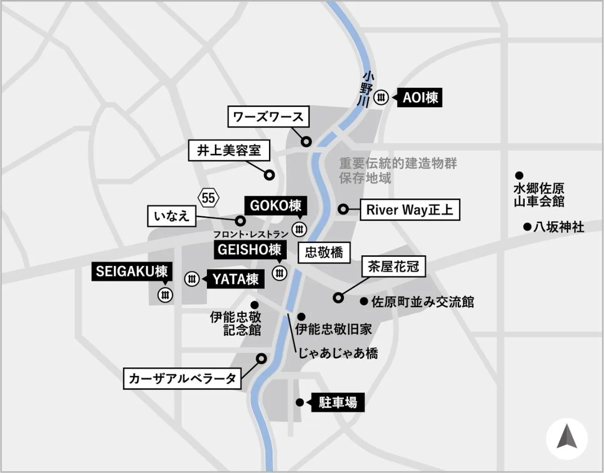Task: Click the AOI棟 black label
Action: [420, 98]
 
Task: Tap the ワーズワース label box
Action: [268, 117]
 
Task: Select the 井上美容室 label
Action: [229, 151]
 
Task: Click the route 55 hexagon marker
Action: [208, 198]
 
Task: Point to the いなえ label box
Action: [171, 216]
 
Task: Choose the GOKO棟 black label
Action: [275, 206]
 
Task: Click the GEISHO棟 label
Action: [249, 250]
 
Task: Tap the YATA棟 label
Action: [235, 279]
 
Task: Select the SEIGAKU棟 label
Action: [132, 271]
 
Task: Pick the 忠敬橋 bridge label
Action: [324, 253]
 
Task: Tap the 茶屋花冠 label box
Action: [394, 267]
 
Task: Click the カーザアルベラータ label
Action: [182, 379]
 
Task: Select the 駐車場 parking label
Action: [338, 403]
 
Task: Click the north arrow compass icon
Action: [567, 439]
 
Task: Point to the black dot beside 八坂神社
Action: [527, 227]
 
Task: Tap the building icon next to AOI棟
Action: [381, 97]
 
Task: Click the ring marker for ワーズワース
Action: [306, 142]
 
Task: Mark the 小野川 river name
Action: [366, 89]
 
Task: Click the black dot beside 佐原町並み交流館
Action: [364, 301]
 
